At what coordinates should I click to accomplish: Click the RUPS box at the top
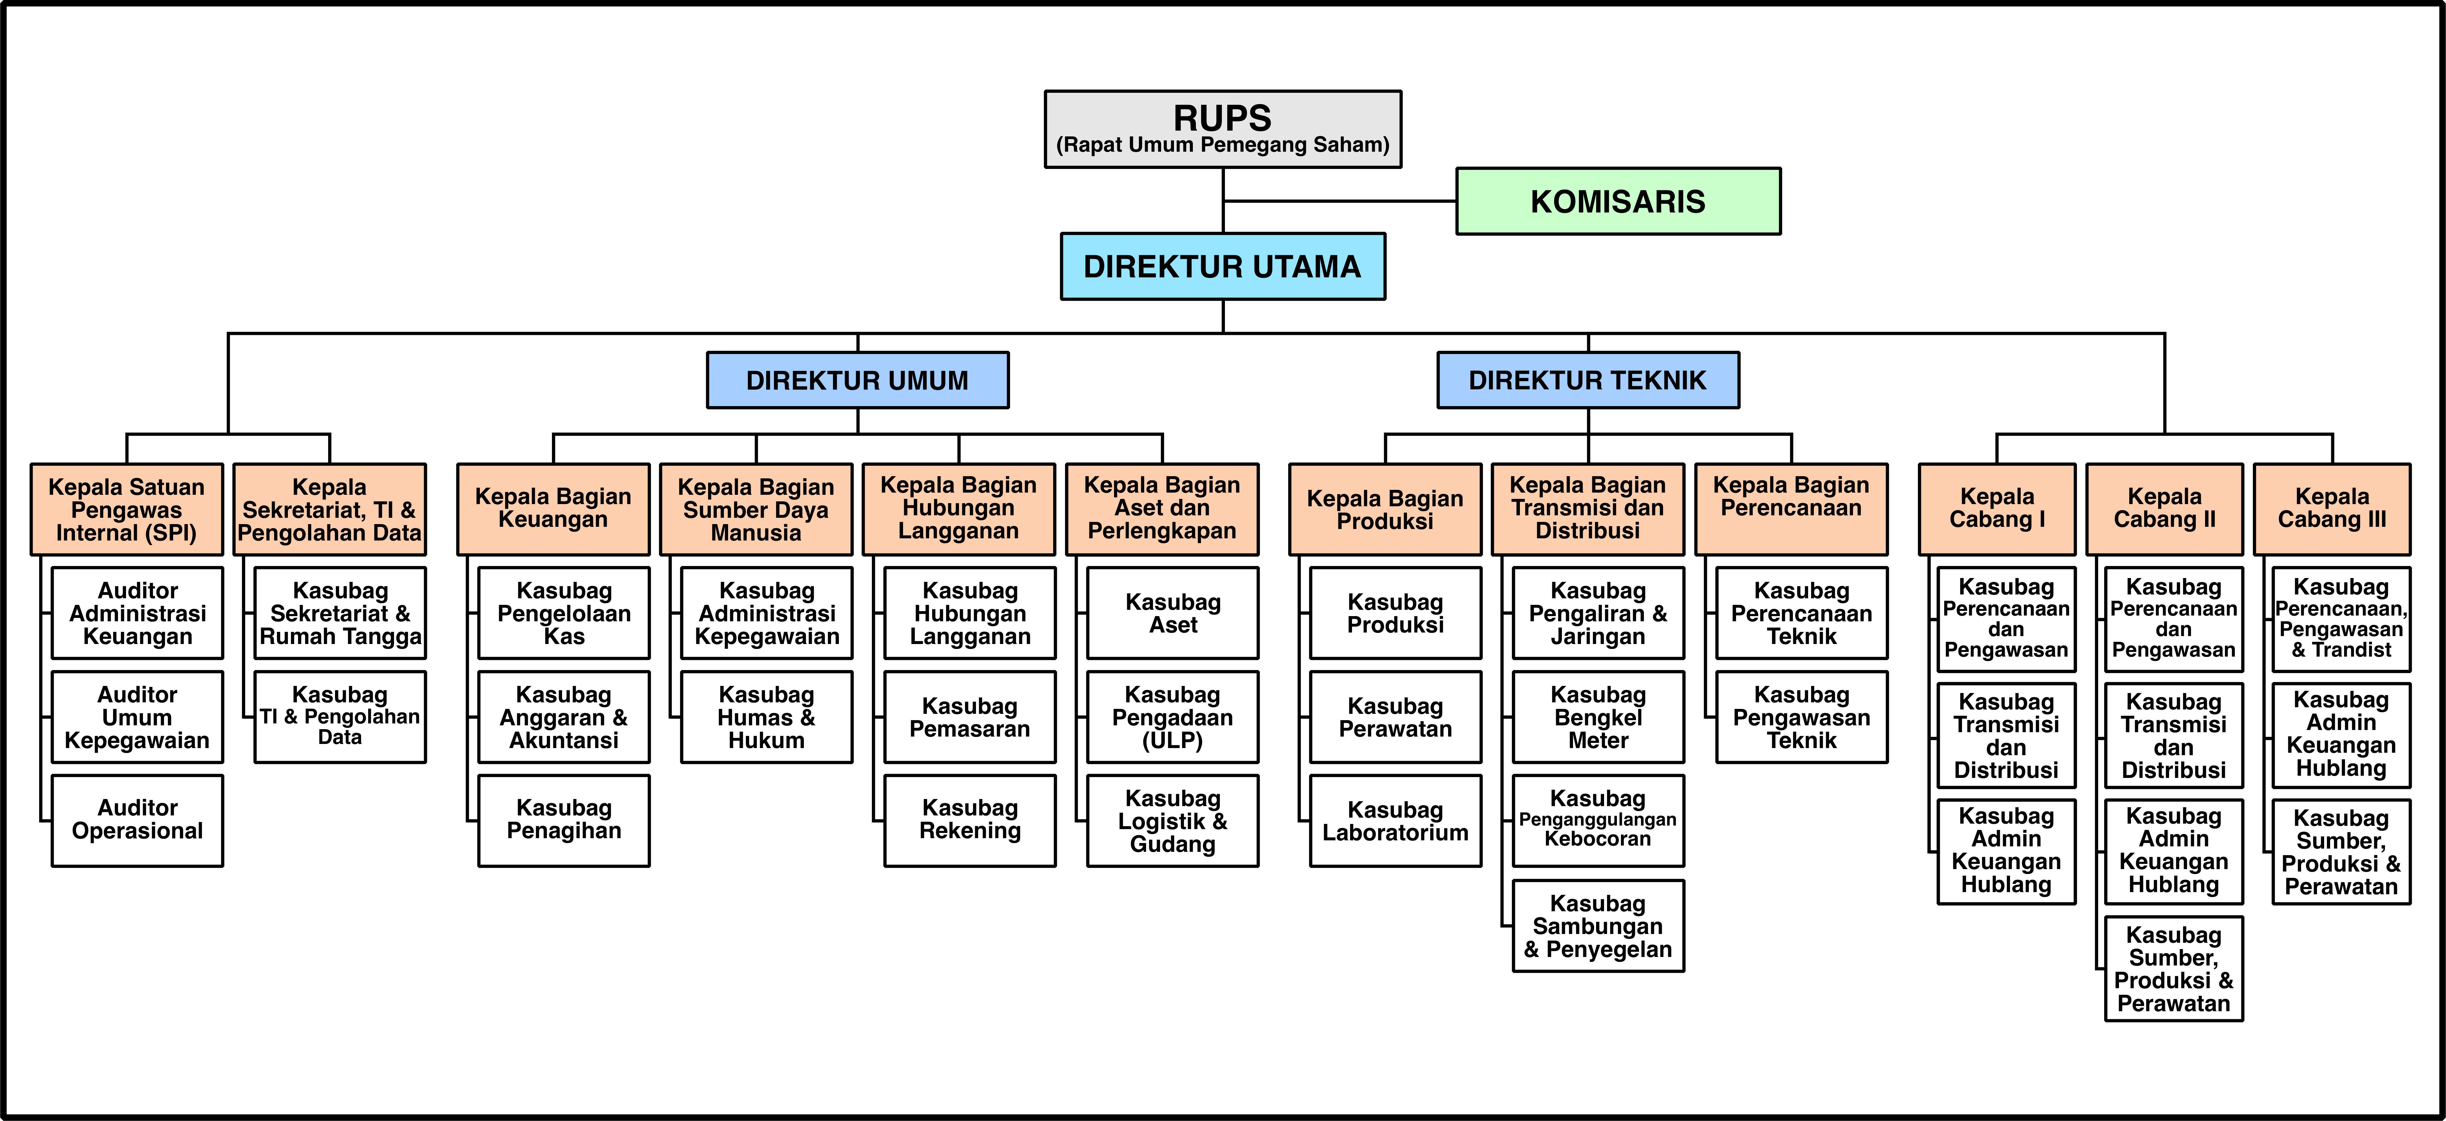[1223, 129]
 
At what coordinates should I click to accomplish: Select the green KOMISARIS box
[1618, 201]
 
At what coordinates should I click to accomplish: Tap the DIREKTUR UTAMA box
[1223, 267]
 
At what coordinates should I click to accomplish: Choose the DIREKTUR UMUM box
[857, 381]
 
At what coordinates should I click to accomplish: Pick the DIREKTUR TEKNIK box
[1588, 381]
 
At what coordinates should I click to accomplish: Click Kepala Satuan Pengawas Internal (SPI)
[126, 510]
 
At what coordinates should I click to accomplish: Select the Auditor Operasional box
[138, 820]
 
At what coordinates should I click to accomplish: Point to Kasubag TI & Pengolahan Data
[340, 717]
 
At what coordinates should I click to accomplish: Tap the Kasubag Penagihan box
[564, 820]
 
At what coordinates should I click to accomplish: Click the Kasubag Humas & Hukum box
[766, 717]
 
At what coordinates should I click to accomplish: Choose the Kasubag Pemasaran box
[969, 717]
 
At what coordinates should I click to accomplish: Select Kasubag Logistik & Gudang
[1173, 820]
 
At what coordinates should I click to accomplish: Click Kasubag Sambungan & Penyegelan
[1598, 925]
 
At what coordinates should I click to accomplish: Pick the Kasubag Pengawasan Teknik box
[1801, 717]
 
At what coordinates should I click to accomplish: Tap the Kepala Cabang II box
[2165, 510]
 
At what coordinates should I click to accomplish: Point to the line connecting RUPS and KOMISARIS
[1340, 201]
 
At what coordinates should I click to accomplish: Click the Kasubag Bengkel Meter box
[1598, 717]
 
